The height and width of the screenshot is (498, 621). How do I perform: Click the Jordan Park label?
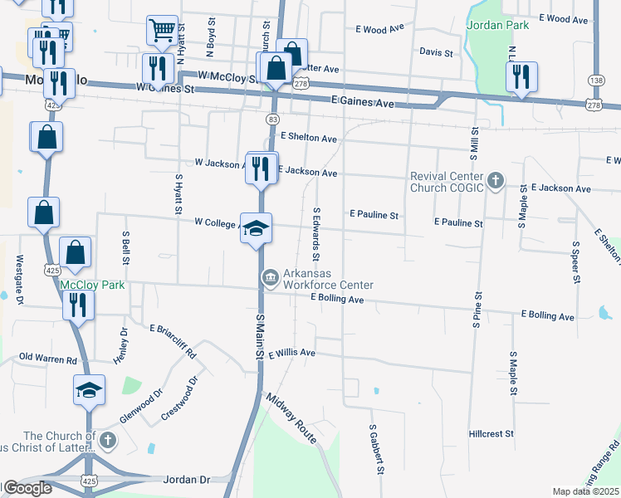tap(497, 26)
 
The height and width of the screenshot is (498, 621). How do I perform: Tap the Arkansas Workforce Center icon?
tap(270, 278)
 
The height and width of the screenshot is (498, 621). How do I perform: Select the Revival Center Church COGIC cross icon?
tap(495, 181)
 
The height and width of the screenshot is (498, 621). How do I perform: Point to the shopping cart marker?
tap(163, 31)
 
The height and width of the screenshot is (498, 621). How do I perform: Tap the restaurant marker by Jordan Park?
tap(521, 76)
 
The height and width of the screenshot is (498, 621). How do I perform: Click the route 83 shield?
tap(272, 120)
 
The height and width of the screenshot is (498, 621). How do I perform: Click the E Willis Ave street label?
tap(291, 352)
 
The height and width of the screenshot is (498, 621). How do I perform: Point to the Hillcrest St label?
tap(491, 433)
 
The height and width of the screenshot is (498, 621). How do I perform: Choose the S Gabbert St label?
tap(375, 449)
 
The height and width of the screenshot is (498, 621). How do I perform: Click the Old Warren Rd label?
tap(47, 360)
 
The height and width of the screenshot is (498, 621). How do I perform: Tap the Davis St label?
tap(436, 52)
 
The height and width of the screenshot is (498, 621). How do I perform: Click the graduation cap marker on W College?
tap(257, 227)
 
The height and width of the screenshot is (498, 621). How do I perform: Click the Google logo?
tap(27, 489)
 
